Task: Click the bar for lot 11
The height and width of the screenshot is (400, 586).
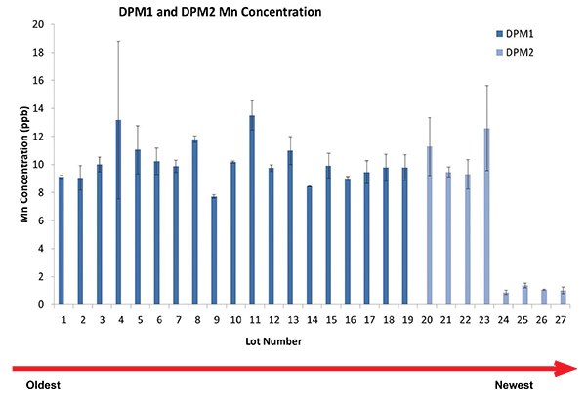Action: coord(252,210)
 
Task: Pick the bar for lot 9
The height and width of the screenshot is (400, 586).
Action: coord(214,251)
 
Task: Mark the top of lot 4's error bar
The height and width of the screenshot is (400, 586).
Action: coord(117,42)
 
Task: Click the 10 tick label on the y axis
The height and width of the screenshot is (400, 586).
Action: coord(38,165)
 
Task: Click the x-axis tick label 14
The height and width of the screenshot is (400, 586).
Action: coord(309,318)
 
